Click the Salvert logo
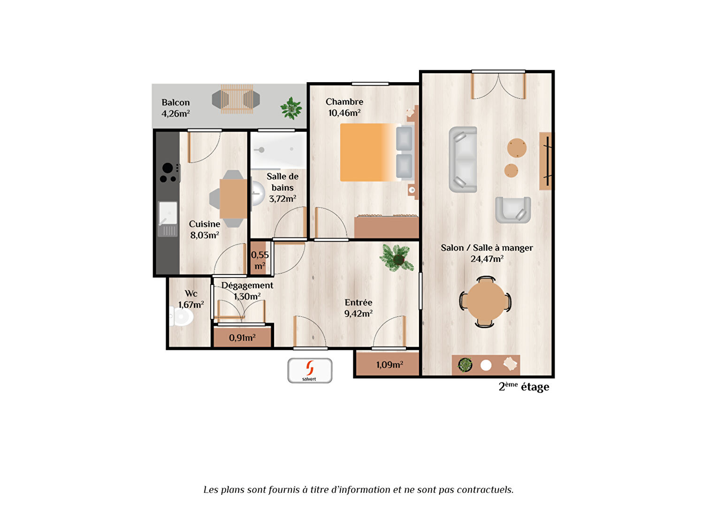point(310,370)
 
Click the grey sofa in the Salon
point(463,159)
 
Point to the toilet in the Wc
point(181,316)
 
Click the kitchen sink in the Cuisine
point(168,219)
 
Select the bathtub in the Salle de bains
point(278,150)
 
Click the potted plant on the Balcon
point(291,108)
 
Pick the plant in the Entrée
point(397,258)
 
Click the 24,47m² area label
point(487,259)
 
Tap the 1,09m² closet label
point(389,364)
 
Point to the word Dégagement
point(247,285)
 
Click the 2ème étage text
point(524,387)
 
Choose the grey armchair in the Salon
point(513,210)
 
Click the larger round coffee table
point(517,148)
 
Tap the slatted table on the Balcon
point(237,99)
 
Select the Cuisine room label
point(205,224)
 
